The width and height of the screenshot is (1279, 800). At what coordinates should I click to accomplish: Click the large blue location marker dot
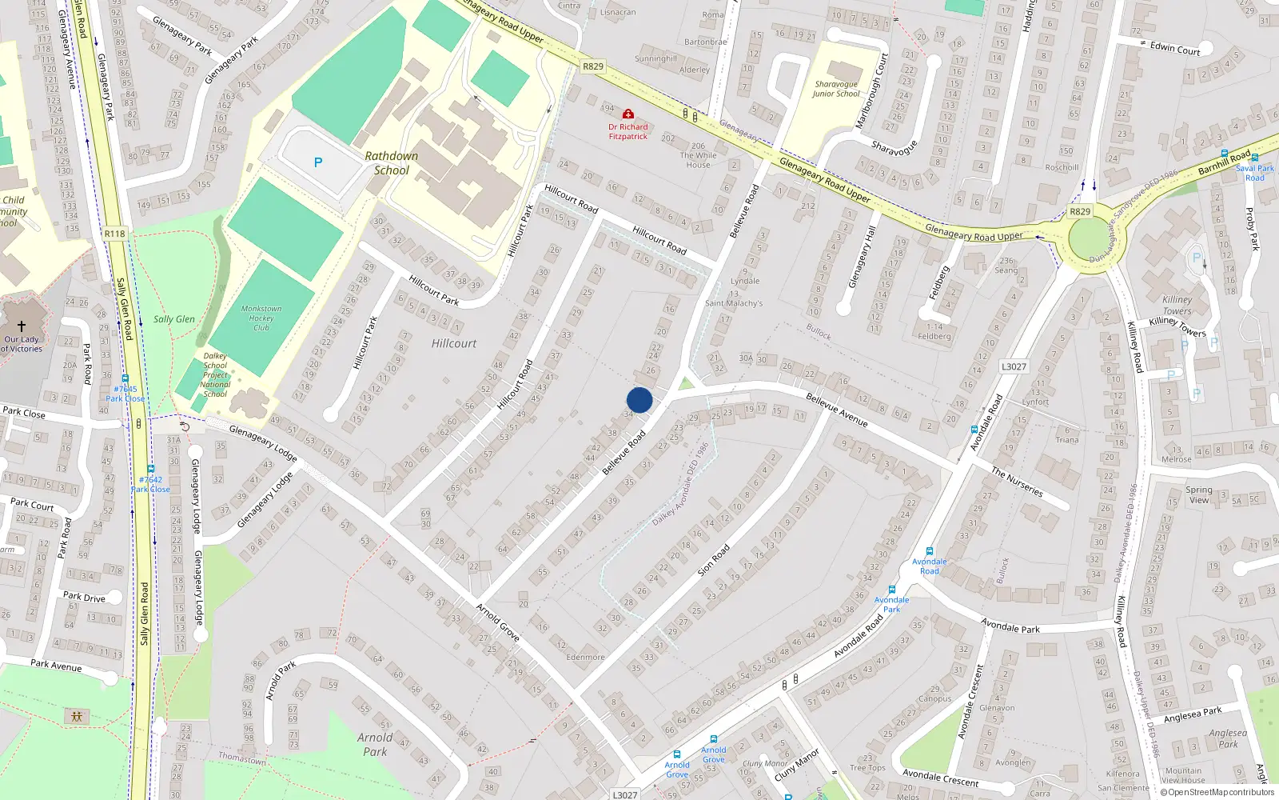(639, 400)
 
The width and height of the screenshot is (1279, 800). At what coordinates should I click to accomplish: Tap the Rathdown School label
(391, 163)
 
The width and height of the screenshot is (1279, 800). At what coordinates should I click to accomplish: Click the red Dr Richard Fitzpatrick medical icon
(628, 114)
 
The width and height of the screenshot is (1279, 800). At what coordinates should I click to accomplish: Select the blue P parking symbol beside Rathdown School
(318, 162)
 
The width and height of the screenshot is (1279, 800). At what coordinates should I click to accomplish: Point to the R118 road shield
(114, 234)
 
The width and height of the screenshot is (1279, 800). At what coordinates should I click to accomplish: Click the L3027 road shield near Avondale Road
(1014, 366)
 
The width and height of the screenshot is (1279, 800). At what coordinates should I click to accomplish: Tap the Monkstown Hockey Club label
(261, 318)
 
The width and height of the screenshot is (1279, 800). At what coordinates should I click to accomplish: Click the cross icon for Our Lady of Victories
(22, 326)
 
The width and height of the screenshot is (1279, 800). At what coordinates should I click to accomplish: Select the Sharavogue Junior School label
(836, 89)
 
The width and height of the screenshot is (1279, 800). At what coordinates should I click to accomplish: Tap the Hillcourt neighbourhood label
(453, 343)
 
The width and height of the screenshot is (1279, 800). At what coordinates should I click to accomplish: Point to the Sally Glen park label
(173, 319)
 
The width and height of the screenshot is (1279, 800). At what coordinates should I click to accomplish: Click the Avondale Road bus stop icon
(929, 551)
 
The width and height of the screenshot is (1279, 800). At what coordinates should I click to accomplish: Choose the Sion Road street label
(713, 560)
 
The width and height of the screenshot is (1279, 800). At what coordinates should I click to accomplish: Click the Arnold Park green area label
(375, 744)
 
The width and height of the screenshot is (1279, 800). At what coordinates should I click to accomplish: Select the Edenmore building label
(585, 658)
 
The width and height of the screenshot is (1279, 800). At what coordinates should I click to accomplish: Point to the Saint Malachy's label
(734, 303)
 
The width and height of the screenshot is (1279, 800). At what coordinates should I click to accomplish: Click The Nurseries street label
(1017, 482)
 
